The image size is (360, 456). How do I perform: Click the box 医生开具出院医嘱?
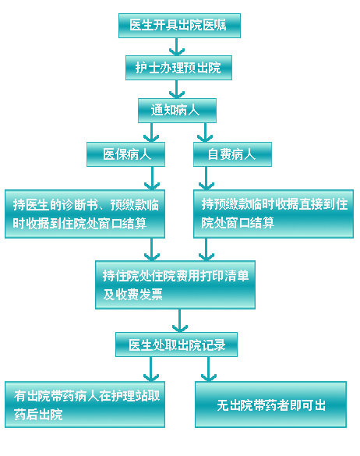(x=179, y=26)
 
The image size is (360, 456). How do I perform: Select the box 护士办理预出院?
(x=178, y=68)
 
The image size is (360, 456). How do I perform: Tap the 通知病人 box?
(x=177, y=111)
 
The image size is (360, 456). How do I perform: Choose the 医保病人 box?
(x=125, y=154)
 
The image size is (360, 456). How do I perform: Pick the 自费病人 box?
(x=232, y=154)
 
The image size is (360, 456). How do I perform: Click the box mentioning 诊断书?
(x=85, y=214)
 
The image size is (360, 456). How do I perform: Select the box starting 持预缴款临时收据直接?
(x=274, y=214)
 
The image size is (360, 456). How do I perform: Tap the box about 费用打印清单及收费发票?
(x=175, y=285)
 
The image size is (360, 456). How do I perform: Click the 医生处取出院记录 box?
(x=177, y=345)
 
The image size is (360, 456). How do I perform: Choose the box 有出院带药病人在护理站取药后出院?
(x=85, y=405)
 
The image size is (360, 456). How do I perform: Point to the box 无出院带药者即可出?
(x=270, y=405)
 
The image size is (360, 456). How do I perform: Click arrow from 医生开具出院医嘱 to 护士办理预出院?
(x=177, y=47)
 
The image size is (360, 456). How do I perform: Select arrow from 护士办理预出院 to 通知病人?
(x=177, y=90)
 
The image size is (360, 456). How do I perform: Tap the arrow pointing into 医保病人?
(x=151, y=133)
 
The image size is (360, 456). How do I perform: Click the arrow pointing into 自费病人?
(x=205, y=133)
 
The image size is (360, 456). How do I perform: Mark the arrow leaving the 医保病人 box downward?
(x=152, y=179)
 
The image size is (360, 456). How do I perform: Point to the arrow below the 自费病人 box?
(x=206, y=179)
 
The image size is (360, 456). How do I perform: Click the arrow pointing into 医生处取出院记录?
(x=180, y=320)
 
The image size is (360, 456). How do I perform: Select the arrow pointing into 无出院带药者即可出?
(x=209, y=369)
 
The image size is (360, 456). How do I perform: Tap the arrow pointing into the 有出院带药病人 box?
(x=151, y=369)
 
